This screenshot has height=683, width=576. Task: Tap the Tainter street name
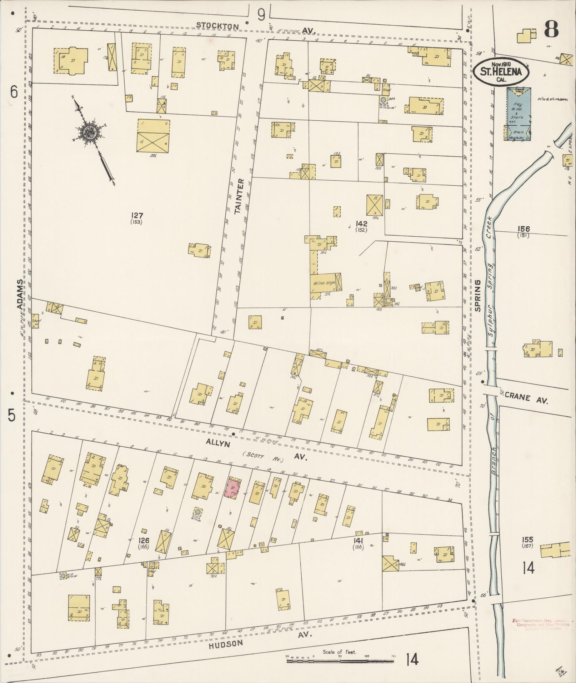239,196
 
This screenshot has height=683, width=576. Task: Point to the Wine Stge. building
326,283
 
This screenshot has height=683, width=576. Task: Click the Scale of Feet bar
340,661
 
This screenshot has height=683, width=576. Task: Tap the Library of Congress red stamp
541,624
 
